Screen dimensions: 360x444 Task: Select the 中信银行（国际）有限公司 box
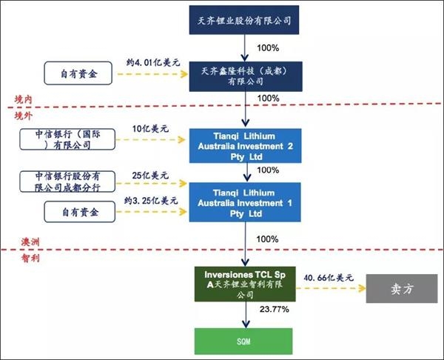pyautogui.click(x=73, y=139)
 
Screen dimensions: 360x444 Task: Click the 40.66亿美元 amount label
pyautogui.click(x=329, y=278)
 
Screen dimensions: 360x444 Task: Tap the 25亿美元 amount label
pyautogui.click(x=150, y=176)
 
